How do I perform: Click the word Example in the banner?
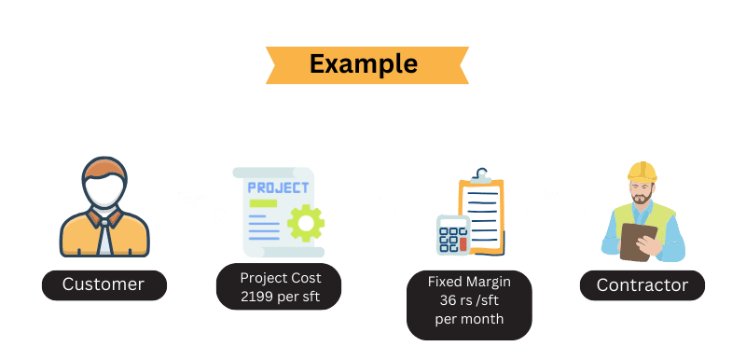[363, 63]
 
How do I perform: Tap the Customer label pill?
[104, 284]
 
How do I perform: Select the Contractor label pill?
[642, 284]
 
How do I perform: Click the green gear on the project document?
[304, 225]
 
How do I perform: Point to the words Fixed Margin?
[468, 281]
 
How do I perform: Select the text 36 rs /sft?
[468, 299]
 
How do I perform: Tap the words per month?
[468, 318]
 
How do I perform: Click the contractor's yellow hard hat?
[642, 173]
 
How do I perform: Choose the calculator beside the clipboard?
[452, 234]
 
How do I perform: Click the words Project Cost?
[280, 278]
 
